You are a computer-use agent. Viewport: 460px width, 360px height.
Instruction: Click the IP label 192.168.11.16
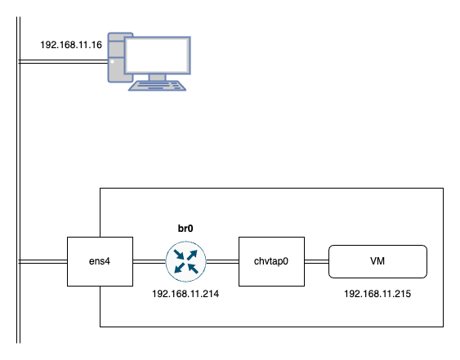click(x=71, y=45)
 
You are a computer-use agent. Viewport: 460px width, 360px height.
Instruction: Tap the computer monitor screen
click(x=158, y=56)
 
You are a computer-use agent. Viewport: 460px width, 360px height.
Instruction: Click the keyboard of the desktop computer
click(x=157, y=86)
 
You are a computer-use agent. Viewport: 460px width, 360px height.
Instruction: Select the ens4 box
click(x=100, y=261)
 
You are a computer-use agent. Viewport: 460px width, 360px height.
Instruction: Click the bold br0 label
click(x=185, y=229)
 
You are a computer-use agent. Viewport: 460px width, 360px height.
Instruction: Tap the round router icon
click(x=185, y=261)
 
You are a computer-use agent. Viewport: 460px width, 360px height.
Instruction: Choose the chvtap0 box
click(x=271, y=261)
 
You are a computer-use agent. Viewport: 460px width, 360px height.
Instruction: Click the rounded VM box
click(x=377, y=261)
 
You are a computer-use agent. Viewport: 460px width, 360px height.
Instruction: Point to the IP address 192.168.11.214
click(x=185, y=294)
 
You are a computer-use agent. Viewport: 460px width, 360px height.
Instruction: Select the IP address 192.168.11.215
click(x=377, y=294)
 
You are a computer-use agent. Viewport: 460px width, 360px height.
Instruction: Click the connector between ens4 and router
click(x=150, y=261)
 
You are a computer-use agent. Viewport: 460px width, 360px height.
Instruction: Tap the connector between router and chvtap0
click(x=222, y=261)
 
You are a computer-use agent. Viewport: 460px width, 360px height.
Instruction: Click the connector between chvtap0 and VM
click(x=316, y=261)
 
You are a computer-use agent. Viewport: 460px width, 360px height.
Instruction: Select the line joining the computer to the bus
click(x=64, y=61)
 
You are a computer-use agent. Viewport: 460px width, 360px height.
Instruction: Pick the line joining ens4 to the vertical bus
click(x=42, y=261)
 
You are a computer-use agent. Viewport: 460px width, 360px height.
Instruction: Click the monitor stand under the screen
click(x=157, y=78)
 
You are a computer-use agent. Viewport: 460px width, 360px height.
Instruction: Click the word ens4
click(x=100, y=261)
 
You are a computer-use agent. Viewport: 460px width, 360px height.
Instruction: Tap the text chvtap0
click(x=271, y=261)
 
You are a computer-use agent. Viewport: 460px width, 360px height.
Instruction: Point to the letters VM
click(x=377, y=261)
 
